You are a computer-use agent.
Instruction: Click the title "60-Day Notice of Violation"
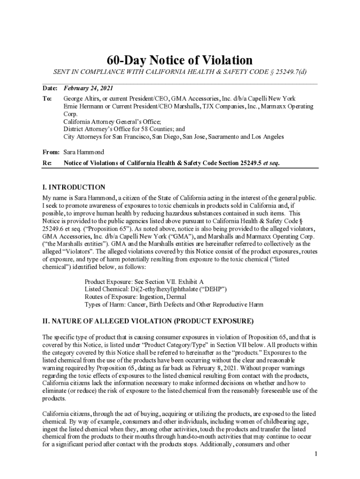coord(180,60)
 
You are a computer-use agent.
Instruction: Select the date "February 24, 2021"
coord(88,88)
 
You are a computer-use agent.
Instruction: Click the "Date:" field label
coord(50,88)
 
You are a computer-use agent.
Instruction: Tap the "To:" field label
coord(47,99)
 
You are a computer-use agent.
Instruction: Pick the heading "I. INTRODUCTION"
coord(73,188)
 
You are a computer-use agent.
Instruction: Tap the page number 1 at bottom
coord(316,454)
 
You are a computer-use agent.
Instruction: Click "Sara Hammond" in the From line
coord(84,152)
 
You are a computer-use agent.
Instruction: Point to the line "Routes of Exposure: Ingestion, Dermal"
coord(135,297)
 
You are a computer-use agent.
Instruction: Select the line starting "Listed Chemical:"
coord(156,289)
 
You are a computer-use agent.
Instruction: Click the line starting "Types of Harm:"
coord(173,305)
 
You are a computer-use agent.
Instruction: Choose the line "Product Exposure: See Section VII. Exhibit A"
coord(144,282)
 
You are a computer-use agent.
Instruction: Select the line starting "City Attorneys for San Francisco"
coord(173,137)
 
